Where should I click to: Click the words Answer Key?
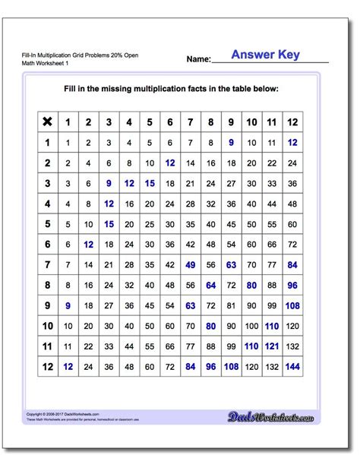click(x=265, y=55)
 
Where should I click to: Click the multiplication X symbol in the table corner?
click(x=47, y=122)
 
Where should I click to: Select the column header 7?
click(x=191, y=122)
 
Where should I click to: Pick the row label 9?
click(x=47, y=305)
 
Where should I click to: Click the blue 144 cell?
click(x=292, y=366)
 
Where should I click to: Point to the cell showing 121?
click(x=272, y=346)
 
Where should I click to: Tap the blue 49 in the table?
click(x=191, y=264)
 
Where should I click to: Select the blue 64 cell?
click(x=211, y=285)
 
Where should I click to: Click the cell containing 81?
click(x=232, y=305)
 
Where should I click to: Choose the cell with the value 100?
click(x=251, y=326)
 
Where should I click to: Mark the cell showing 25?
click(x=150, y=224)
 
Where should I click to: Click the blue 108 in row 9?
click(x=292, y=305)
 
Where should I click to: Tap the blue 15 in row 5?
click(x=109, y=224)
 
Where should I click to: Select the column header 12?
click(x=292, y=122)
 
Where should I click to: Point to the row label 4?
click(x=47, y=204)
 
